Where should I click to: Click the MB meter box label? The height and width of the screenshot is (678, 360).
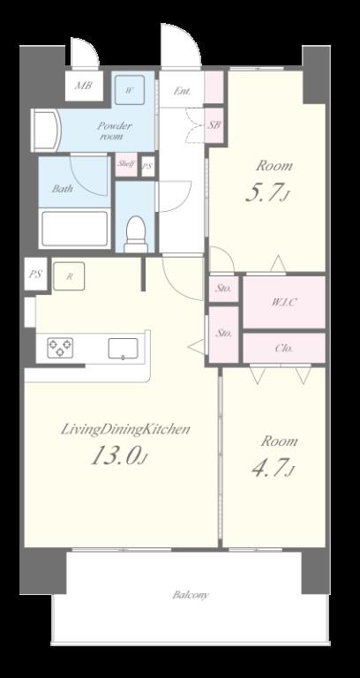[x=84, y=85]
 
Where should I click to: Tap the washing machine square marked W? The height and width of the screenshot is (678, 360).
[x=129, y=90]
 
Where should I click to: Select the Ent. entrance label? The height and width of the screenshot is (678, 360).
[x=182, y=91]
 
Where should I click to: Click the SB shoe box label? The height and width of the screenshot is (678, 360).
[x=214, y=125]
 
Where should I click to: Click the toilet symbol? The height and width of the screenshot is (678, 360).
[x=136, y=234]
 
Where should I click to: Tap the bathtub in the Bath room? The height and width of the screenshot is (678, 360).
[x=74, y=229]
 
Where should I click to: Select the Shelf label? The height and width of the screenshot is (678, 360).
[x=126, y=164]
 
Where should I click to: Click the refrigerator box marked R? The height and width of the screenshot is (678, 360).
[x=69, y=275]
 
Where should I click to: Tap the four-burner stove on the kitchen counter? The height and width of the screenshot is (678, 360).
[x=60, y=348]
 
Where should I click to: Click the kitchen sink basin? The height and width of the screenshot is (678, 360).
[x=124, y=349]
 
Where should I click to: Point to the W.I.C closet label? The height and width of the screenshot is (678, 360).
[x=283, y=302]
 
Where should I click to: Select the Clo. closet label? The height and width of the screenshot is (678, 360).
[x=284, y=348]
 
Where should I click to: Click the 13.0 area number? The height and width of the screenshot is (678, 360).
[x=119, y=456]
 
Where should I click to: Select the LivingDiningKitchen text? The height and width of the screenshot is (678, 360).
[x=125, y=429]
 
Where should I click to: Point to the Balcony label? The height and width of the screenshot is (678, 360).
[x=191, y=595]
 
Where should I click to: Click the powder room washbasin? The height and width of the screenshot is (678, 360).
[x=45, y=130]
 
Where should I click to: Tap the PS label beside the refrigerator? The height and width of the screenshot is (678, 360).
[x=35, y=275]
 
